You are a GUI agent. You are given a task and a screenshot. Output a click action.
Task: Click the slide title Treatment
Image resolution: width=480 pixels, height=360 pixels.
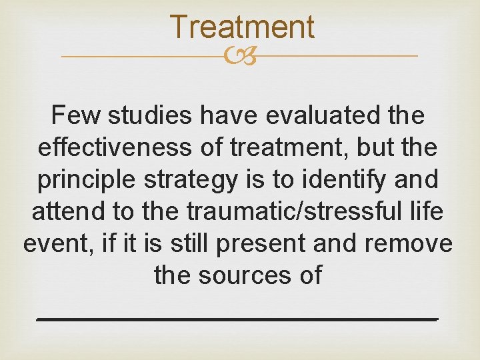[241, 27]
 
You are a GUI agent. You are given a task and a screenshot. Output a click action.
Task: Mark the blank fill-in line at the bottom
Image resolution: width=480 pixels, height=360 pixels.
[237, 319]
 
